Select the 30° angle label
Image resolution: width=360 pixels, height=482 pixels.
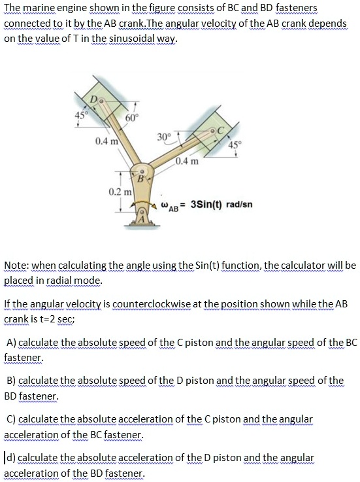(x=163, y=137)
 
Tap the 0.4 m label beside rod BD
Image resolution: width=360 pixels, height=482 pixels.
(x=105, y=141)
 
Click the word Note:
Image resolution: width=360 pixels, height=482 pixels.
(x=16, y=266)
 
